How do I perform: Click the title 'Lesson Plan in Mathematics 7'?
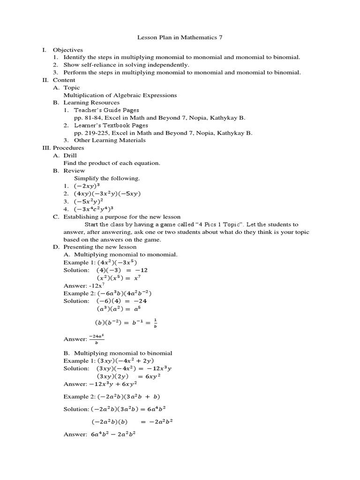(180, 37)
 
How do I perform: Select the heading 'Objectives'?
(67, 50)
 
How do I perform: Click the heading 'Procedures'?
(68, 148)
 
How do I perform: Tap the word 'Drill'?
(70, 155)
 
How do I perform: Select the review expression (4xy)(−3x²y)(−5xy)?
(107, 193)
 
